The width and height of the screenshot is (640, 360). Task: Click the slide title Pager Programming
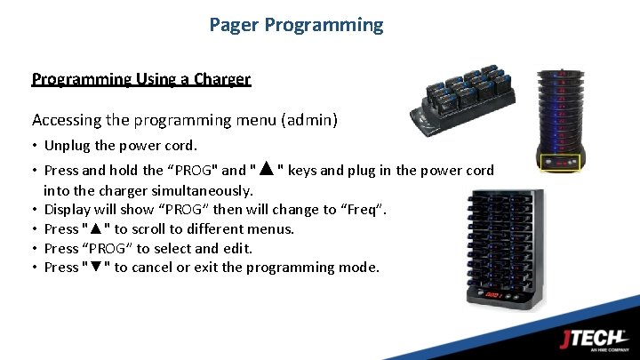coord(296,25)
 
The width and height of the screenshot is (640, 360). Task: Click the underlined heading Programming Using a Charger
coord(141,79)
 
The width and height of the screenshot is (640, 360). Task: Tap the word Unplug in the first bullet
coord(68,146)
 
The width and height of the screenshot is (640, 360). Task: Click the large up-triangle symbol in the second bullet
coord(265,170)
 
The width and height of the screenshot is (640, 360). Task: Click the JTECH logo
coord(595,340)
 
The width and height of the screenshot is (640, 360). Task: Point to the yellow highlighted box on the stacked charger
coord(560,163)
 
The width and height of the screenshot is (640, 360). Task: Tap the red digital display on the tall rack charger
coord(492,293)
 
